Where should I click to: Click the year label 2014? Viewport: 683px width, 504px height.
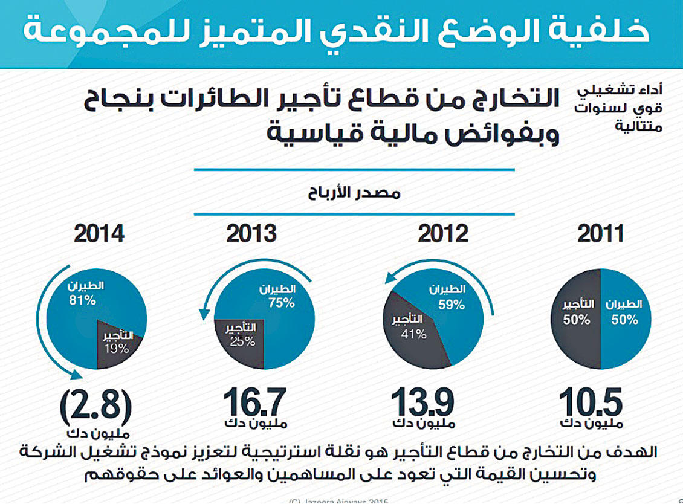click(x=99, y=234)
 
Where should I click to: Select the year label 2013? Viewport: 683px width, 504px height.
click(x=251, y=234)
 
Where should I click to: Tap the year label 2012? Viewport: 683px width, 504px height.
click(x=443, y=234)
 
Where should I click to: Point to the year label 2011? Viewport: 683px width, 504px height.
click(x=600, y=234)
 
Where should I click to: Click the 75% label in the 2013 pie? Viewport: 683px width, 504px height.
click(x=280, y=303)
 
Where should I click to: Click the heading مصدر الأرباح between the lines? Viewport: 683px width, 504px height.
click(x=354, y=195)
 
